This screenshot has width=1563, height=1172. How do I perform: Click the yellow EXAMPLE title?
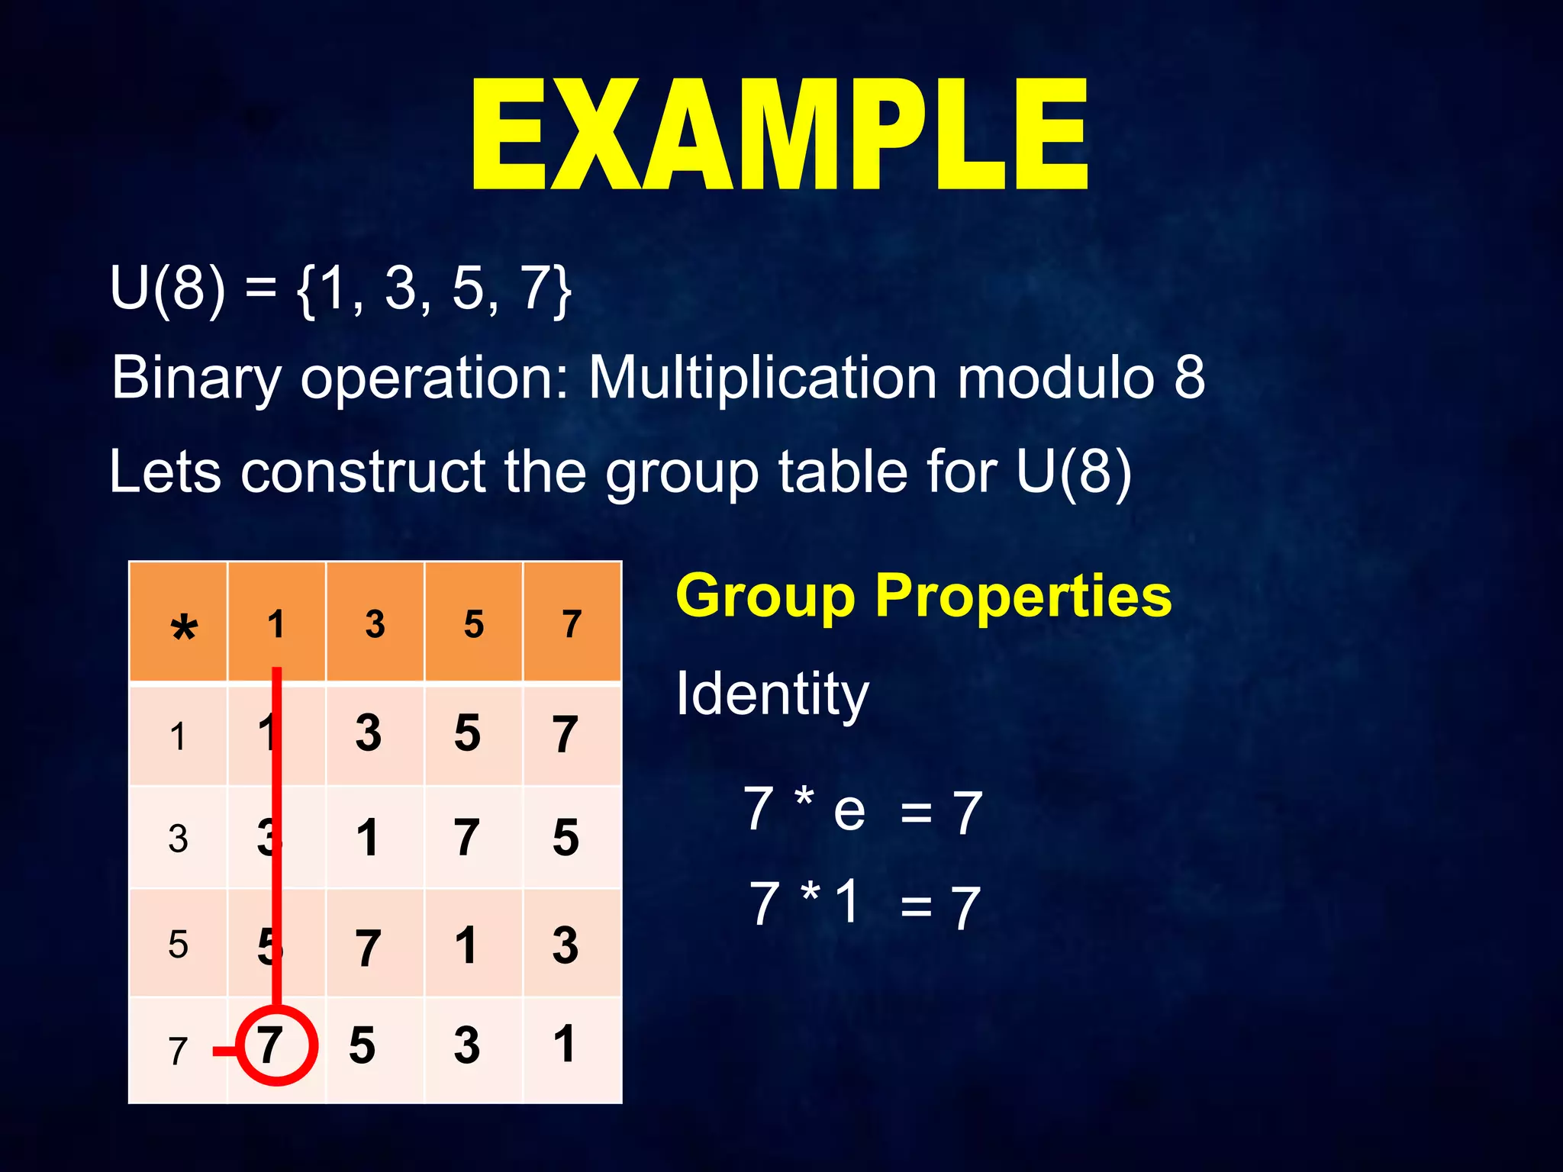pos(780,135)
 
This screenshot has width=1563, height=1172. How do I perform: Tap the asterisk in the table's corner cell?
pos(183,629)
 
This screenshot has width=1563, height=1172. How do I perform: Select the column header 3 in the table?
pos(375,624)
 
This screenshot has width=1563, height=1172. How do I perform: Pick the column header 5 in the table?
pos(473,624)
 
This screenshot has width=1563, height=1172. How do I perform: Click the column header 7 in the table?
pos(572,624)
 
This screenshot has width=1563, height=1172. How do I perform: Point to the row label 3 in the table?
pos(178,839)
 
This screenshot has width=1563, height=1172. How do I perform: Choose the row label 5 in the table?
pos(178,944)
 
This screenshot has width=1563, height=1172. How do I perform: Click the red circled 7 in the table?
pos(276,1045)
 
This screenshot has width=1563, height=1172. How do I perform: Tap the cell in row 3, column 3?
pos(368,838)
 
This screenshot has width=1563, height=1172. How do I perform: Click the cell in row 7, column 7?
pos(565,1044)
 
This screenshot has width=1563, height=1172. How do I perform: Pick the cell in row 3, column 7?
pos(566,838)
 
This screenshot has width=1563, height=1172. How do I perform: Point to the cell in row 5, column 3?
pos(368,947)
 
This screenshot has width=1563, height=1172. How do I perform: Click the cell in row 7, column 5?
pos(467,1045)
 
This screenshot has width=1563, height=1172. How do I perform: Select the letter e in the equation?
pos(849,810)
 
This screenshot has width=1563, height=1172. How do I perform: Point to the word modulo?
pos(1055,377)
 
